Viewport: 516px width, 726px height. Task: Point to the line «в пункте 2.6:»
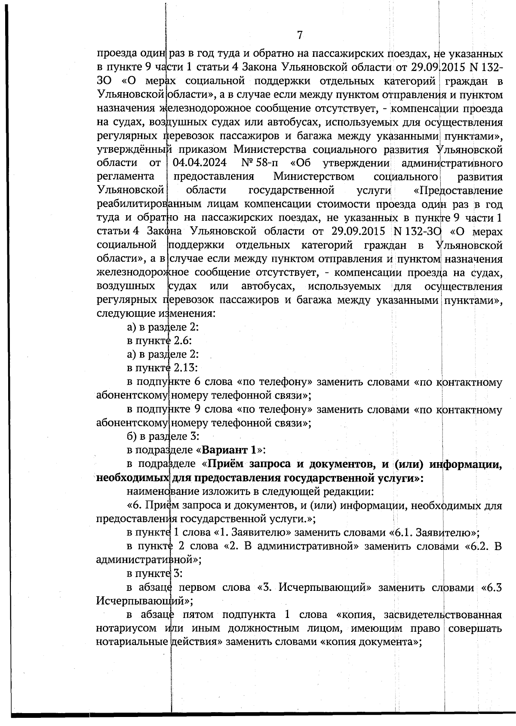tap(159, 340)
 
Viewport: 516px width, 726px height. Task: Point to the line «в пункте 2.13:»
tap(162, 368)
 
